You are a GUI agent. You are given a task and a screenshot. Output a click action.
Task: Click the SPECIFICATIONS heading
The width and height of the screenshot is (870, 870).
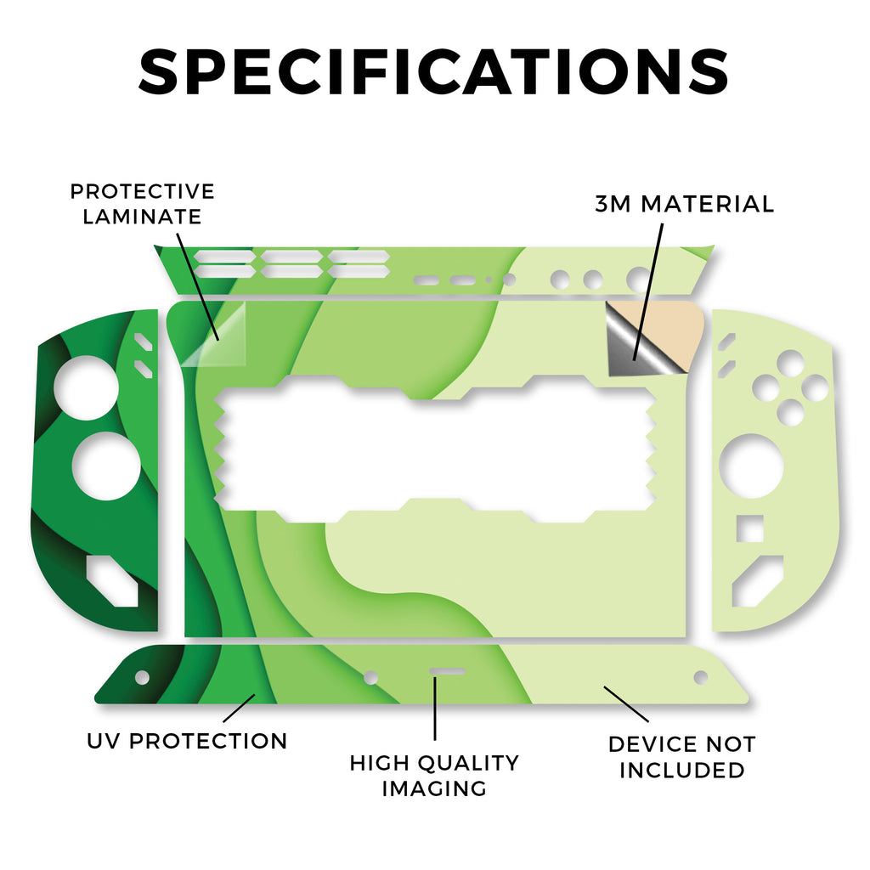point(433,71)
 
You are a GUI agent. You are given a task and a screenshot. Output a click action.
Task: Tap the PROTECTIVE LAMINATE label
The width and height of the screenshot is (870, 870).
point(142,204)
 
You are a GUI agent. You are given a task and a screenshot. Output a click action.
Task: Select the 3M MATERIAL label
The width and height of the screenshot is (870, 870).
point(684,204)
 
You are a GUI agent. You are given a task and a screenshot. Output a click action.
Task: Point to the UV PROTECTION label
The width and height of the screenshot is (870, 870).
point(187,741)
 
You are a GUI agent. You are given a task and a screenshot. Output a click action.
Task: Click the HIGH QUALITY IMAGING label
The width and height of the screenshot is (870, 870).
point(434,776)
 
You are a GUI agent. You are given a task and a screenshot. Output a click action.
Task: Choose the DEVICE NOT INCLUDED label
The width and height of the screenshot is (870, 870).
point(682,757)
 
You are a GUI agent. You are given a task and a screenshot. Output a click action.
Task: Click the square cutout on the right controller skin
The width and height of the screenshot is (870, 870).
point(749,528)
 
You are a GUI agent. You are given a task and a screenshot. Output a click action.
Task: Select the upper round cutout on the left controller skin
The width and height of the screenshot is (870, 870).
point(86,387)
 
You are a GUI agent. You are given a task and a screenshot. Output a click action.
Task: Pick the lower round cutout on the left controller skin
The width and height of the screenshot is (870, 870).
point(106,466)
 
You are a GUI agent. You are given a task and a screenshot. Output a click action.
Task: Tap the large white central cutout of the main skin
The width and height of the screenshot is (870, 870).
point(436,449)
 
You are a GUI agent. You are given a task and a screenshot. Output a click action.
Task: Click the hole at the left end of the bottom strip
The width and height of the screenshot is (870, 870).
point(142,677)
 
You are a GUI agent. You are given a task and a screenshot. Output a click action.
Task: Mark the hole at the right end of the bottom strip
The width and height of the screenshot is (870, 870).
point(701,677)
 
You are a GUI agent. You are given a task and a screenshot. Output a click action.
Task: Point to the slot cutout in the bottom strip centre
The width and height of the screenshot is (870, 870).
point(447,672)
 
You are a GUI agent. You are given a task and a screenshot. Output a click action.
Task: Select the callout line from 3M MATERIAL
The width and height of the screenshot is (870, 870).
point(648,292)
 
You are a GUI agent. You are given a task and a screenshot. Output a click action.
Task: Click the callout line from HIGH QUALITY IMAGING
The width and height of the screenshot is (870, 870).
point(435,709)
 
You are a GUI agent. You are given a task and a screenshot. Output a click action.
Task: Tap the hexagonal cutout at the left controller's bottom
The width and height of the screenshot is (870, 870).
point(112,581)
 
